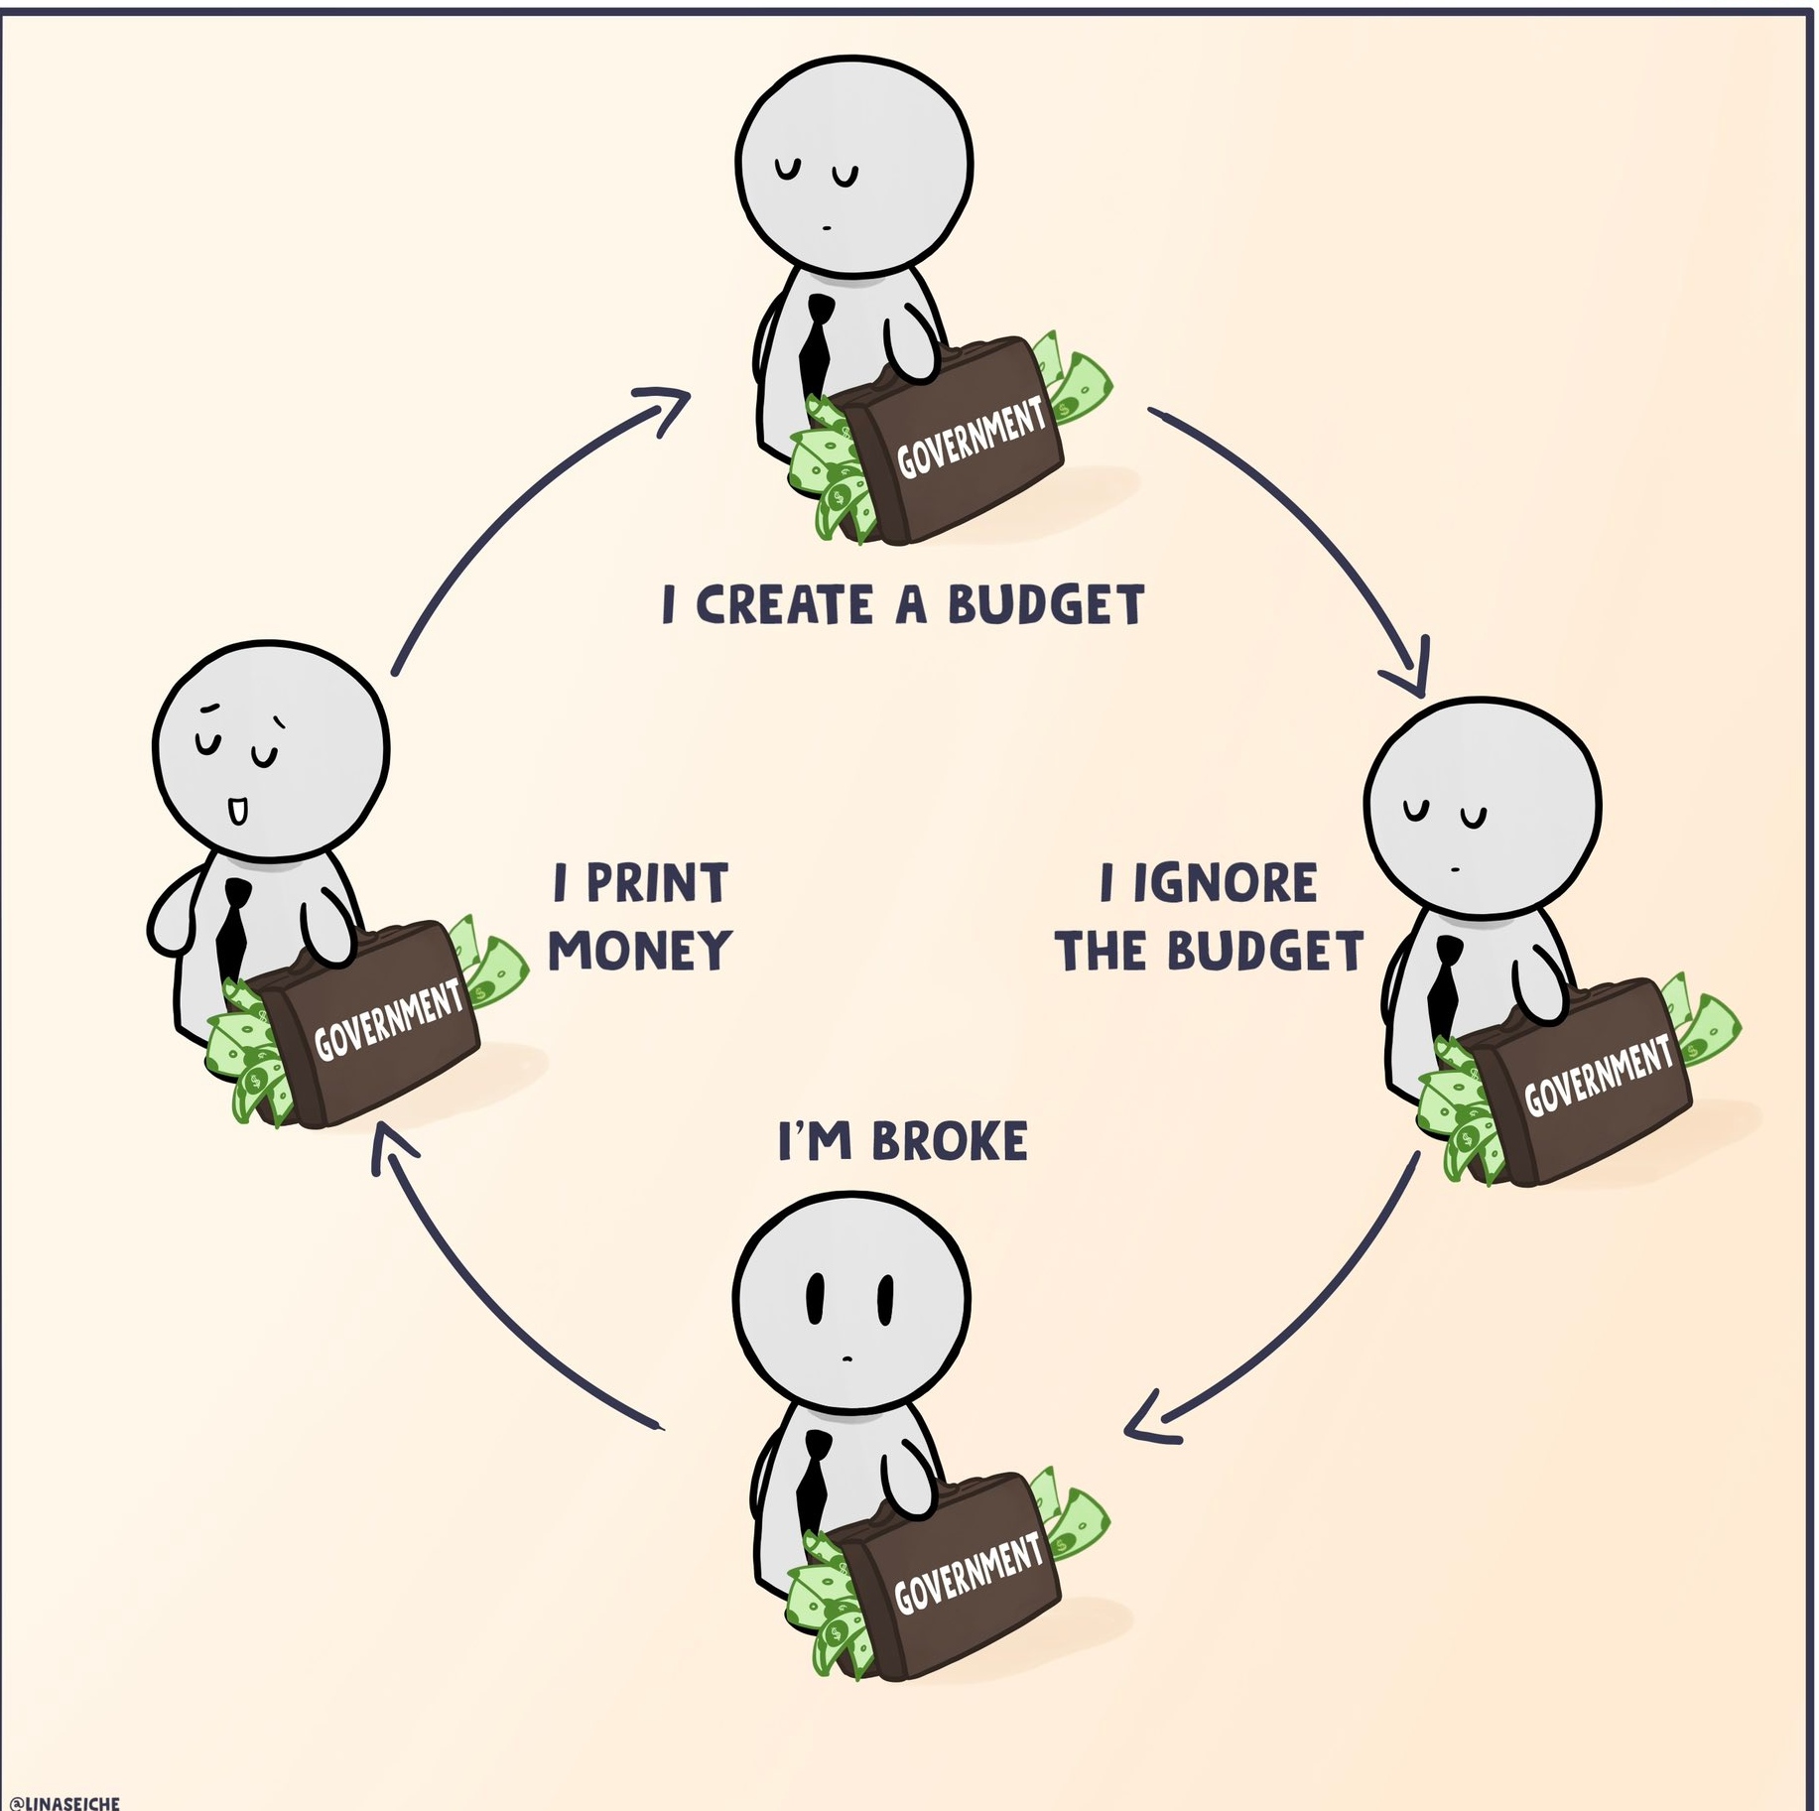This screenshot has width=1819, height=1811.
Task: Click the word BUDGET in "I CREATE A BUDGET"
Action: point(1046,604)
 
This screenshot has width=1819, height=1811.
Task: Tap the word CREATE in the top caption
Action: point(784,604)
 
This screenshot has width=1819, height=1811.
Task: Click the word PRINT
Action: point(657,883)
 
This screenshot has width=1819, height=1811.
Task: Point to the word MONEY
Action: point(640,951)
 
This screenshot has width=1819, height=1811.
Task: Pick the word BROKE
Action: point(950,1141)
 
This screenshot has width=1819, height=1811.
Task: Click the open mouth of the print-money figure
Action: point(238,811)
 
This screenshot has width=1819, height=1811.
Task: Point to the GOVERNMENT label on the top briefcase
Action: point(971,437)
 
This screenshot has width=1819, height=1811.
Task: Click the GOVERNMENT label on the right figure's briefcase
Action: point(1598,1075)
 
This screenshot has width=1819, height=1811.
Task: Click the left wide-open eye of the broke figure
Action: point(815,1299)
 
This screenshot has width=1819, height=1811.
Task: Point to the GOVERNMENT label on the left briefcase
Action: point(388,1018)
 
